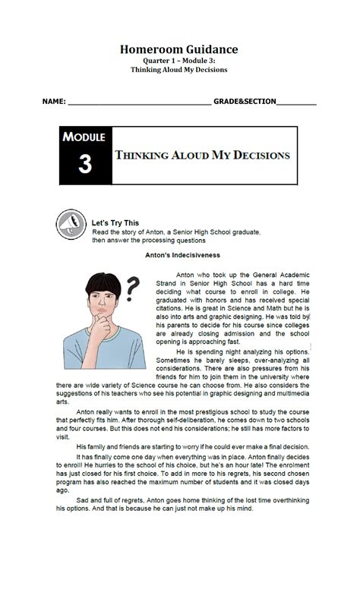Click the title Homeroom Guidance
[x=179, y=49]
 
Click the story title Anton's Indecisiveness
[x=179, y=256]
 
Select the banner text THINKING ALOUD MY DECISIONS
[x=202, y=155]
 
